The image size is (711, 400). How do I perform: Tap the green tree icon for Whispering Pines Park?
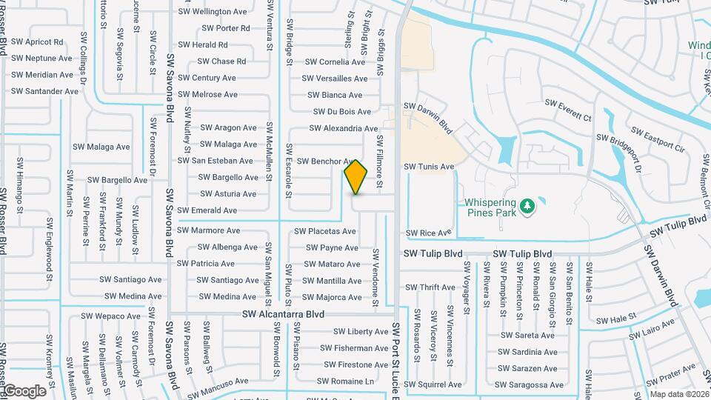pos(527,204)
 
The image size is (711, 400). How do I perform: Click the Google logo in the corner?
pos(24,391)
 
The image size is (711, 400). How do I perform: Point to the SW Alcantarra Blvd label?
pos(284,314)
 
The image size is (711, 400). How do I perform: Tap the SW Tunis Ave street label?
pos(429,167)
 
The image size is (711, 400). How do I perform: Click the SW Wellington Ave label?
pos(215,12)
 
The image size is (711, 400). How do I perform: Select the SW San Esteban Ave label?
pos(215,161)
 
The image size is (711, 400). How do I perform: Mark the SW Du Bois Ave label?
pos(342,112)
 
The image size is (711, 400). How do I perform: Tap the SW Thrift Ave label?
pos(430,287)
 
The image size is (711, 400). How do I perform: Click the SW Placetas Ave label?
pos(325,231)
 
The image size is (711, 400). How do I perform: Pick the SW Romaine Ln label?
pos(347,381)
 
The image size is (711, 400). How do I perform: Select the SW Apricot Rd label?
pos(39,42)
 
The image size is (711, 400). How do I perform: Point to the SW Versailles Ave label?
pos(334,79)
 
